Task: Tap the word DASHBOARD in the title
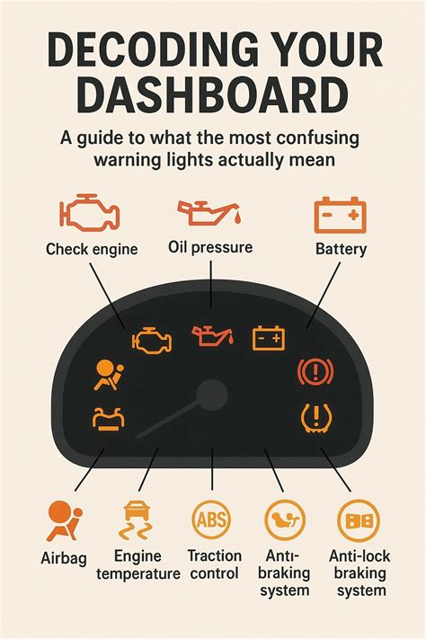pos(212,96)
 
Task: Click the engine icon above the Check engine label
pos(90,211)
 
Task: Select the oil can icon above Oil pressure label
pos(209,213)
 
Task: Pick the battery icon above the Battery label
pos(341,215)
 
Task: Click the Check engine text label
pos(92,249)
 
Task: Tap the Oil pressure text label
pos(210,247)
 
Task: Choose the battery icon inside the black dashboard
pos(269,338)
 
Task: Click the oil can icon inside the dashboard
pos(213,335)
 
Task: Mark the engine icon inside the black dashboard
pos(152,341)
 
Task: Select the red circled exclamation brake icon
pos(315,371)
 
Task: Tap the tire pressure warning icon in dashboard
pos(316,418)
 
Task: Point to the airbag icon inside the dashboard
pos(107,375)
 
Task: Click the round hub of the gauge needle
pos(212,395)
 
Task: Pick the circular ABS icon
pos(211,520)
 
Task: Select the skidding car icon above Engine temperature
pos(136,521)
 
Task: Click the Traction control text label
pos(215,564)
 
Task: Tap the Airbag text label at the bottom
pos(64,558)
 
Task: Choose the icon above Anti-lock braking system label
pos(359,521)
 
